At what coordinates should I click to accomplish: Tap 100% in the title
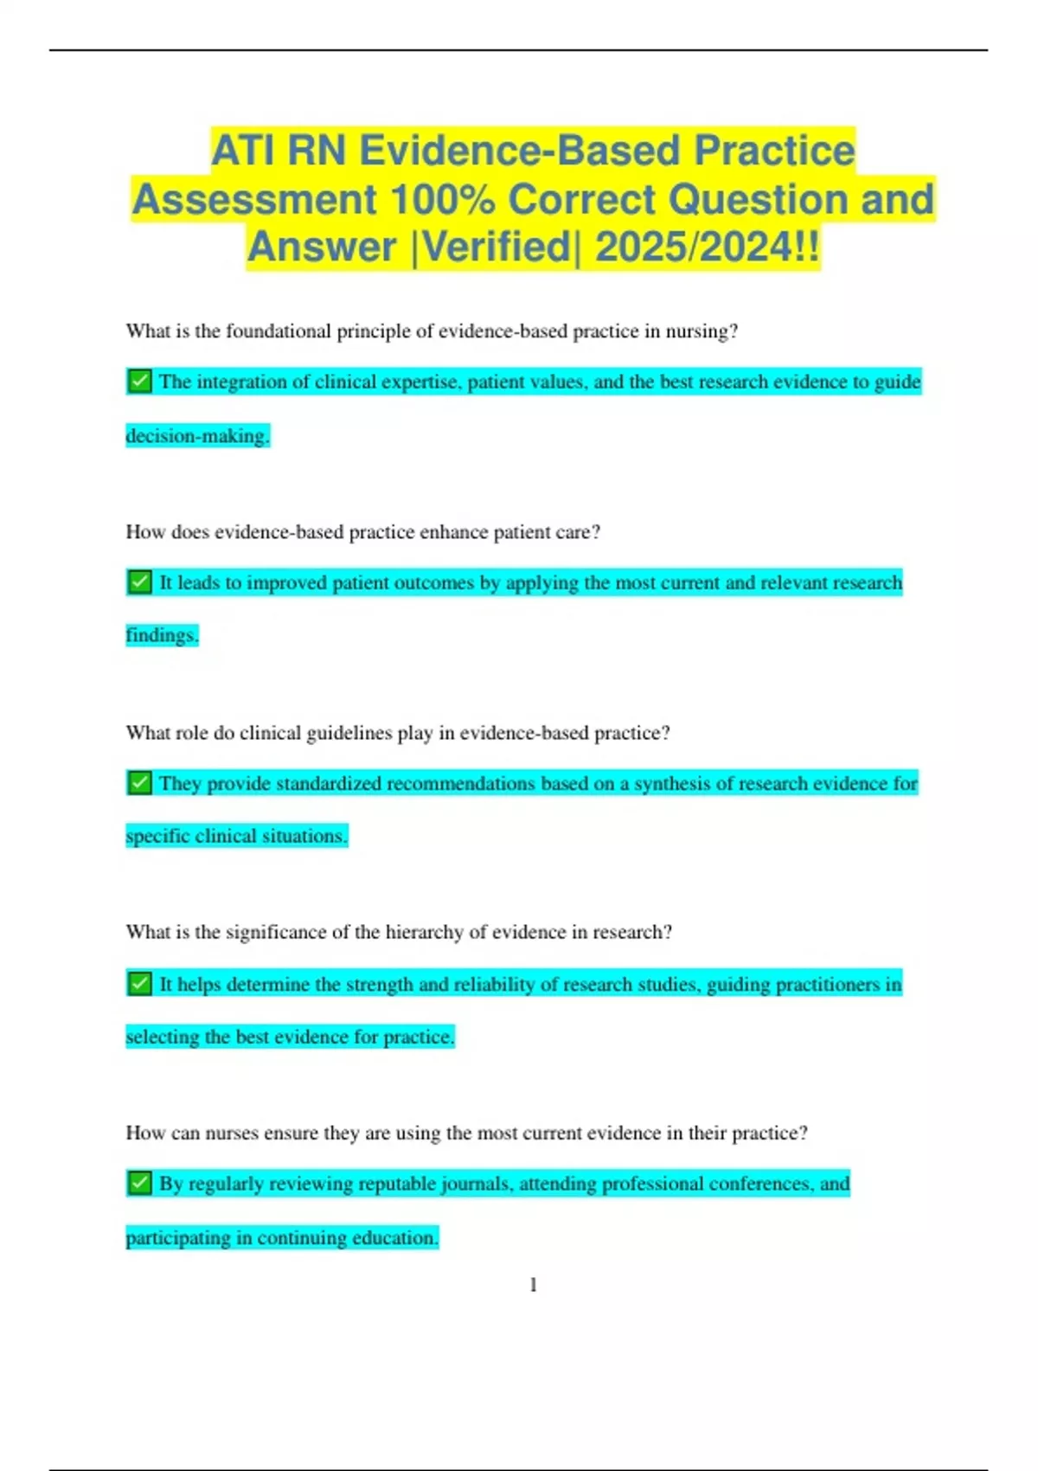point(442,200)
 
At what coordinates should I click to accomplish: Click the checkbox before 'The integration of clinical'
point(139,381)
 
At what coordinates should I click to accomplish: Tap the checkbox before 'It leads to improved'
point(139,582)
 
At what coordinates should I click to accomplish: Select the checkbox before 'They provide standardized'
point(139,783)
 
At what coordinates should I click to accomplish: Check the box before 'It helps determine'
point(139,984)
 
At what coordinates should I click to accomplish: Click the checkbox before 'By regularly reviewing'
point(139,1183)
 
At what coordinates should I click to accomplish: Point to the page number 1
point(533,1285)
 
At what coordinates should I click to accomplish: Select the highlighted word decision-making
point(197,436)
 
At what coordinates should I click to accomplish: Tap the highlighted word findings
point(162,636)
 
